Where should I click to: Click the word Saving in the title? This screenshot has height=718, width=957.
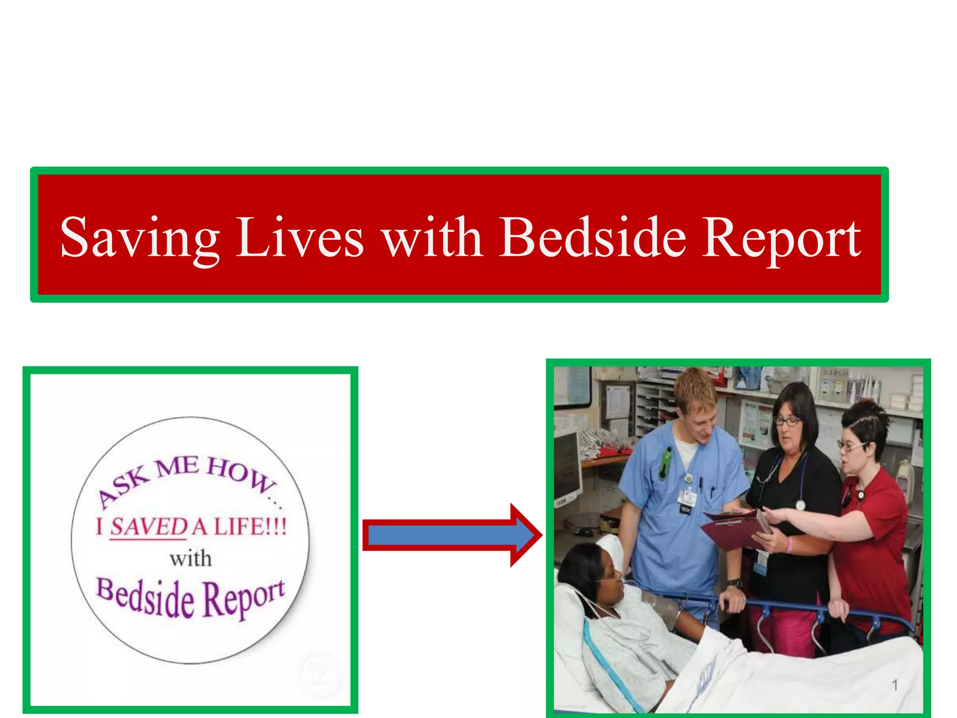point(139,238)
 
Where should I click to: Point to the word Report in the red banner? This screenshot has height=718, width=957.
point(781,238)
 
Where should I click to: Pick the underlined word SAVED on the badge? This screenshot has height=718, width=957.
point(149,527)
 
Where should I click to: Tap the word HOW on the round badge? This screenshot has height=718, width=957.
point(240,474)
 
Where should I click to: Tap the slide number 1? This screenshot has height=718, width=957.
point(894,685)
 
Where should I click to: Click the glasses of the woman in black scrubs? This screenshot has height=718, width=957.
point(787,421)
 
